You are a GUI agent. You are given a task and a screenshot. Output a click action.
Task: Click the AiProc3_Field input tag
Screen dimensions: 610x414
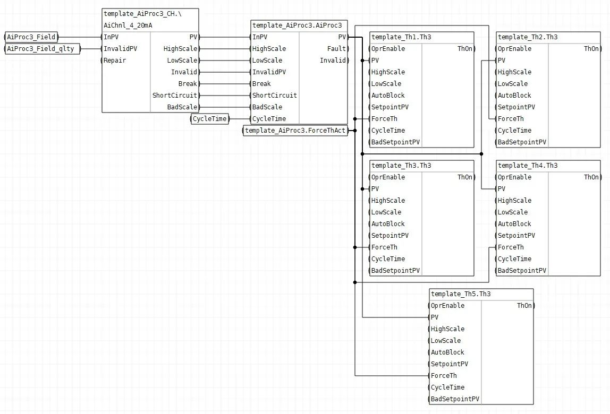pos(31,37)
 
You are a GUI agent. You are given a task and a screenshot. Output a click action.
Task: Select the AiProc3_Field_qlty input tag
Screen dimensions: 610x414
pos(42,49)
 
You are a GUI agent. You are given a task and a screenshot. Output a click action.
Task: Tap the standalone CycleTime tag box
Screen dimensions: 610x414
pos(210,118)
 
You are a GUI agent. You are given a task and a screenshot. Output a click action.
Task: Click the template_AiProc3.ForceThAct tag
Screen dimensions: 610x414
pos(295,130)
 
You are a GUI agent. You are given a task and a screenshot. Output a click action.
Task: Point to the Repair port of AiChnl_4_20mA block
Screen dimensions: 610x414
pos(115,61)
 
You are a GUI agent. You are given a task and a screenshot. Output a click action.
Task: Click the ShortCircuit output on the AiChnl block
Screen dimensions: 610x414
pos(175,95)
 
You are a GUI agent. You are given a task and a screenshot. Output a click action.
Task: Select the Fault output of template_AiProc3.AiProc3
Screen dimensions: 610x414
pos(336,49)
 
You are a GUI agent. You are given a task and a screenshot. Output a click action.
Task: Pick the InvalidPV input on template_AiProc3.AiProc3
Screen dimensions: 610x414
pos(269,72)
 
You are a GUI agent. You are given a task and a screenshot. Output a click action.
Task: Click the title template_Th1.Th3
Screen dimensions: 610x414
pos(401,37)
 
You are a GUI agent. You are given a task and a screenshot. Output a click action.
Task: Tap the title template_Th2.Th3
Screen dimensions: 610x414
pos(528,37)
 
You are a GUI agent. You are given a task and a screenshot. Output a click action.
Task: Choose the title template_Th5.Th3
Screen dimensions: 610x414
pos(461,294)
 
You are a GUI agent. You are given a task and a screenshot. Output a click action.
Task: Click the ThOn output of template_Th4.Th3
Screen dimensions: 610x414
pos(591,177)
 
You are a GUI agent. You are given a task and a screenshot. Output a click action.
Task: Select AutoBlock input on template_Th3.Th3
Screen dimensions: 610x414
pos(388,223)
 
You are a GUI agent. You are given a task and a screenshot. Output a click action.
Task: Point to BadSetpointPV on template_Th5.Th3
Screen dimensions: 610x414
pos(455,399)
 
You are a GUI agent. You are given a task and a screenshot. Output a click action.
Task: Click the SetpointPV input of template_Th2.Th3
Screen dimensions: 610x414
pos(516,107)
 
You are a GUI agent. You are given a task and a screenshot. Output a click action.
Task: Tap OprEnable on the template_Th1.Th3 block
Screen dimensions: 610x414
pos(388,49)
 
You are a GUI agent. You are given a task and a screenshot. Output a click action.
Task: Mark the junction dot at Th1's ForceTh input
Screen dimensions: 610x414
pos(355,118)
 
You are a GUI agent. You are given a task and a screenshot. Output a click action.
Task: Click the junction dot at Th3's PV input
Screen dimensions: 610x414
pos(362,188)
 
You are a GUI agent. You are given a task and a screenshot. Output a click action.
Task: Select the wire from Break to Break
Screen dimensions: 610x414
pos(225,83)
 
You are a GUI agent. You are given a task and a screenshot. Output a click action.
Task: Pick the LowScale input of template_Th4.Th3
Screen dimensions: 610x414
pos(513,212)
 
